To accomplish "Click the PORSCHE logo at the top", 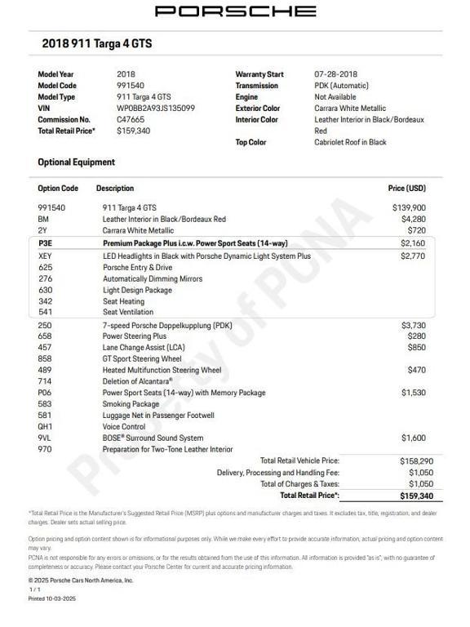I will point(235,11).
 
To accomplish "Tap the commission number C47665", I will point(132,119).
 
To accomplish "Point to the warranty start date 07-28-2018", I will point(341,74).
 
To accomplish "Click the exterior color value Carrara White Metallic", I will point(350,108).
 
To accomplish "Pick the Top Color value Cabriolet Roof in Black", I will point(350,142).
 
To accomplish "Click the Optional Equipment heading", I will point(76,162).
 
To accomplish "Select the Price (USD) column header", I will point(406,189).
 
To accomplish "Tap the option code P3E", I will point(45,243).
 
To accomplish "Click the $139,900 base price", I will point(409,208).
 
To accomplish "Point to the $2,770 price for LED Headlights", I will point(413,256).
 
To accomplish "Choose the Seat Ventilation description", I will point(127,312).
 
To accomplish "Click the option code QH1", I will point(45,426).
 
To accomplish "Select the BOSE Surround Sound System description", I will point(153,438).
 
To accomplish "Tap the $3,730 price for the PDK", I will point(413,325).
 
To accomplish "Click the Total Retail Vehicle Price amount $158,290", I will point(415,461).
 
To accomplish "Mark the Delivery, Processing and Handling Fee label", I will point(277,473).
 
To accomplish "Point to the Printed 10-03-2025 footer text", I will point(51,598).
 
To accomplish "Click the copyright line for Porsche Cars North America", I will point(80,580).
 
